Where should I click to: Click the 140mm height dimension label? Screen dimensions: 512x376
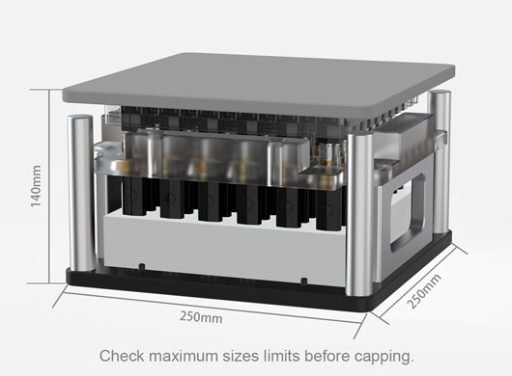point(36,186)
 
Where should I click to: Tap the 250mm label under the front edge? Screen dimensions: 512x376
point(201,316)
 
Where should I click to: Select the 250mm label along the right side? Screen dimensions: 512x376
point(424,291)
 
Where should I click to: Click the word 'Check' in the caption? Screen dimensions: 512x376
point(122,356)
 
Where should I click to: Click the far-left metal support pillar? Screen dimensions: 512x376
point(80,193)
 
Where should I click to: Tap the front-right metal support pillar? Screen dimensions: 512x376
point(359,214)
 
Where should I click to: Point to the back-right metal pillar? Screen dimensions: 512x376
point(440,162)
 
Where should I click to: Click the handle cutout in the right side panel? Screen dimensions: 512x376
point(409,213)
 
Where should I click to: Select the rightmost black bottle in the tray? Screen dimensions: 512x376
point(328,208)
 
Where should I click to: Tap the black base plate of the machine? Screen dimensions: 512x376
point(258,284)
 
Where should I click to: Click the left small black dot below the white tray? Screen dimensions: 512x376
point(142,266)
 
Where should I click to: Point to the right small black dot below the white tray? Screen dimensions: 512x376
point(303,281)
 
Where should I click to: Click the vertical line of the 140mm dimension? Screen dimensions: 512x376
point(49,186)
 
